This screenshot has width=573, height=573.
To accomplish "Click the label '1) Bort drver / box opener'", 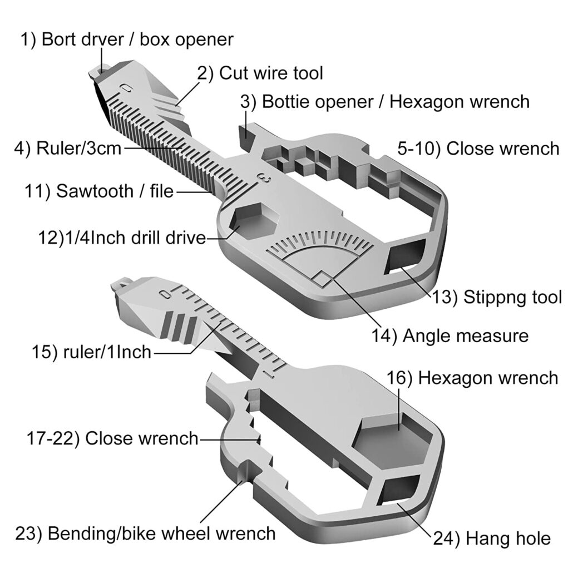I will coord(127,40).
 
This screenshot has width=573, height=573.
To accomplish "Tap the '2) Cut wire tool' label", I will coord(260,73).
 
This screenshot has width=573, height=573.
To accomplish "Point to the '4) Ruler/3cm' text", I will coord(67,149).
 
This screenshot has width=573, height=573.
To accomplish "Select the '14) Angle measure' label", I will coord(449,336).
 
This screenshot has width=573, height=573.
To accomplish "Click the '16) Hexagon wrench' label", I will coord(472,378).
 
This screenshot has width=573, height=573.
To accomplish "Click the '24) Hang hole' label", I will coord(493,539).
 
